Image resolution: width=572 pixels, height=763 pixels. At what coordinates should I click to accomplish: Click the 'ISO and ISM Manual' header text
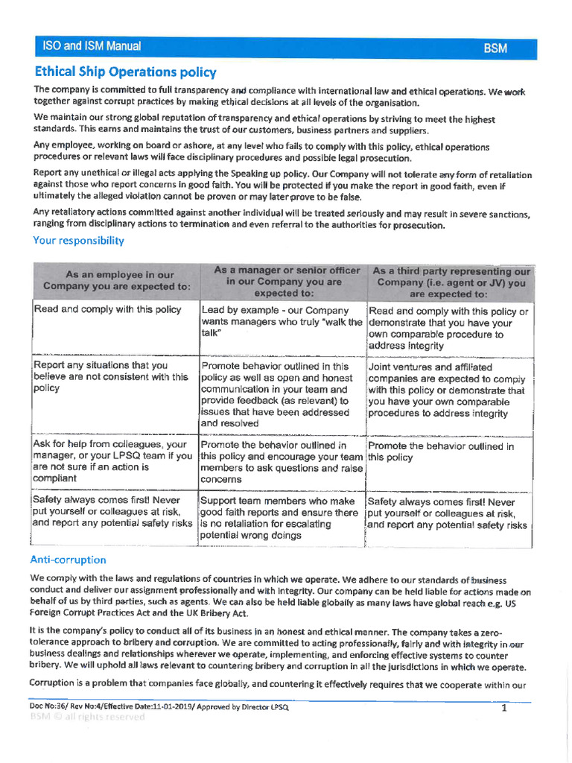coord(92,47)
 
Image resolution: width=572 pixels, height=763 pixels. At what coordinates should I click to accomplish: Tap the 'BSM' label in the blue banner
coord(495,48)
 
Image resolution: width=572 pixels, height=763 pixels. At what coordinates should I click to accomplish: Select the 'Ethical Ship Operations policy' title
coord(125,72)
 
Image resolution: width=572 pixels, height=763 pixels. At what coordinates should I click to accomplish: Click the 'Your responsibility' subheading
coord(78,241)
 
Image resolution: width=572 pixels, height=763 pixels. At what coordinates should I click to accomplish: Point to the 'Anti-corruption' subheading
coord(68,560)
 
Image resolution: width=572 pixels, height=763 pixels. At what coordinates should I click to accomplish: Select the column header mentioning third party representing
coord(451,282)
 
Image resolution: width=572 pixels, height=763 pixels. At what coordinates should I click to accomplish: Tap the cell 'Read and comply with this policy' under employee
coord(107,310)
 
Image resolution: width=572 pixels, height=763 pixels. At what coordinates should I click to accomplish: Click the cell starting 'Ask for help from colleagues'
coord(112,461)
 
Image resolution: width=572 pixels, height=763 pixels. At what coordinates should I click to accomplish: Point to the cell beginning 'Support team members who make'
coord(280,518)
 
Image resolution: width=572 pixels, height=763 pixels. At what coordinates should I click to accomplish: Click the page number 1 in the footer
coord(504,708)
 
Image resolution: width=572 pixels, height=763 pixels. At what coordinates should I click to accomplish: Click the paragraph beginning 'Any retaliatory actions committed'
coord(281,219)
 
